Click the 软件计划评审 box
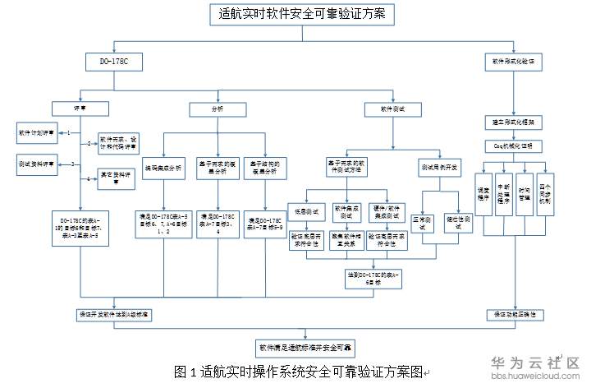tap(34, 132)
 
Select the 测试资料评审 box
tap(34, 164)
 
